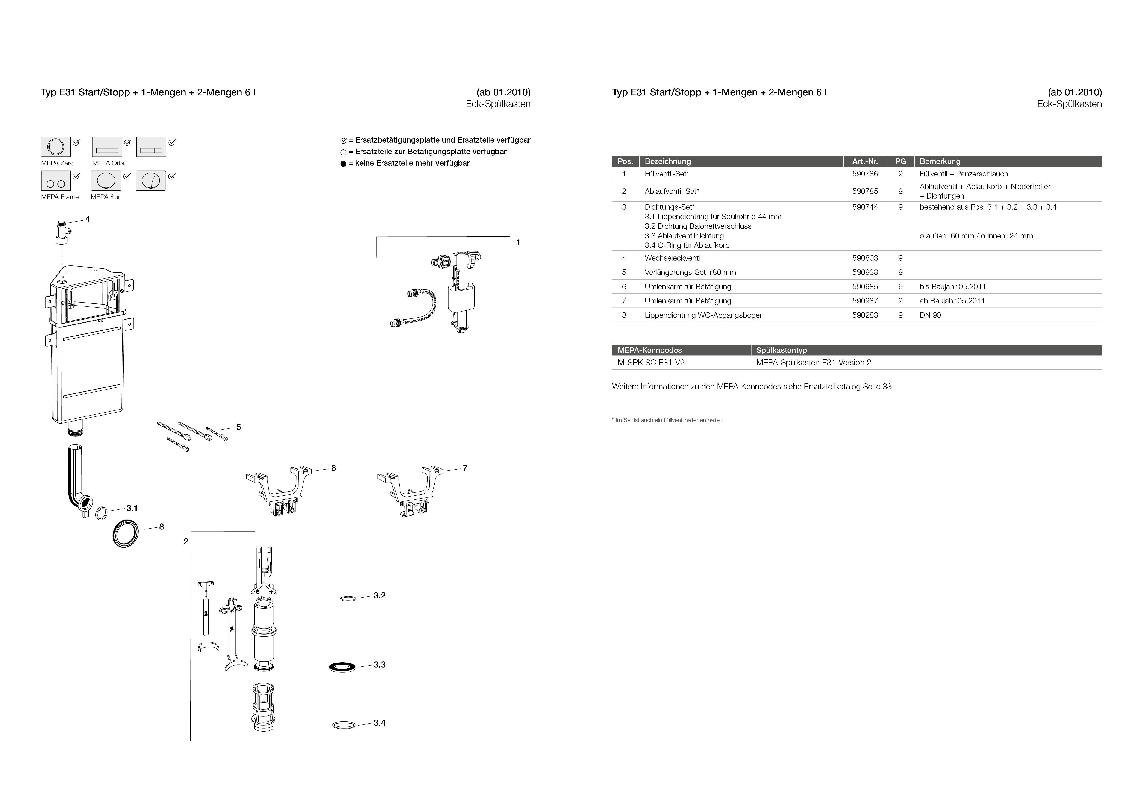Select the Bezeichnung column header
click(x=668, y=161)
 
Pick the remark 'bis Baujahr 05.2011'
click(x=952, y=286)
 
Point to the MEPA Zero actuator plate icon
click(x=55, y=147)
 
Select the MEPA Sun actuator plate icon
click(x=106, y=181)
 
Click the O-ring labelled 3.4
click(x=344, y=725)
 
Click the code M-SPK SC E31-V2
click(x=651, y=363)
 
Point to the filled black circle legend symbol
click(x=343, y=164)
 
